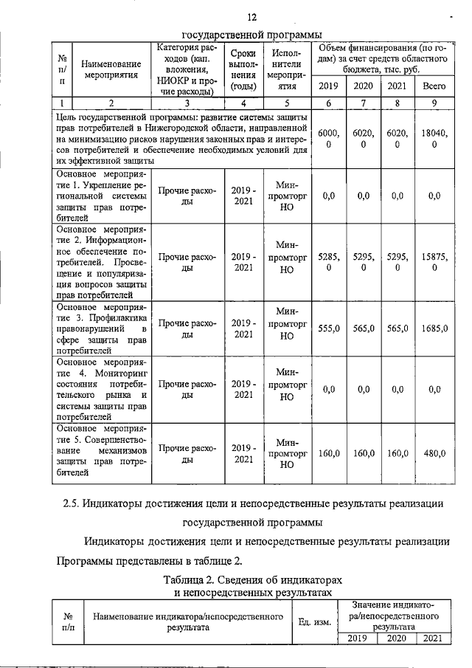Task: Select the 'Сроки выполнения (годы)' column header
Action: tap(243, 69)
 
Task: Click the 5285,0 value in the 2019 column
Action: tap(329, 264)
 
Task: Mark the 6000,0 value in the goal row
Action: tap(329, 139)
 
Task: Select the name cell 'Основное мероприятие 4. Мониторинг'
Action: tap(102, 390)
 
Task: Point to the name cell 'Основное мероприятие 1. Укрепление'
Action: tap(102, 196)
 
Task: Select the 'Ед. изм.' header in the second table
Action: tap(313, 621)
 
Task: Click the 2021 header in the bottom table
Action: tap(429, 638)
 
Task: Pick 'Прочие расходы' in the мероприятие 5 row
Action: tap(188, 453)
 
